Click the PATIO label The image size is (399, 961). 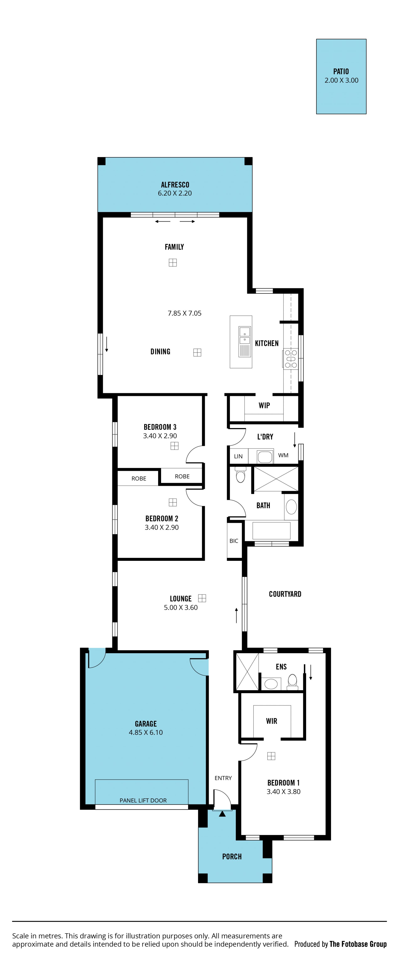pyautogui.click(x=341, y=71)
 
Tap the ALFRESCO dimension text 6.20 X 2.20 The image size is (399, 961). pyautogui.click(x=175, y=193)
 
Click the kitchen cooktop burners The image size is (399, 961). pyautogui.click(x=291, y=359)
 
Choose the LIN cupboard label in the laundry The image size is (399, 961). pyautogui.click(x=238, y=456)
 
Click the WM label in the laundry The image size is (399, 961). pyautogui.click(x=283, y=455)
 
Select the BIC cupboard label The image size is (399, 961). pyautogui.click(x=234, y=541)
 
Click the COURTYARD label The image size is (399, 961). pyautogui.click(x=285, y=594)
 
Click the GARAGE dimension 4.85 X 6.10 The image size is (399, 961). pyautogui.click(x=146, y=732)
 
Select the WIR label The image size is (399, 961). pyautogui.click(x=272, y=721)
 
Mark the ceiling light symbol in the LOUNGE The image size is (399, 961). pyautogui.click(x=202, y=598)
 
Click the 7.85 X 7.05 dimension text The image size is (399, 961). pyautogui.click(x=184, y=313)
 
